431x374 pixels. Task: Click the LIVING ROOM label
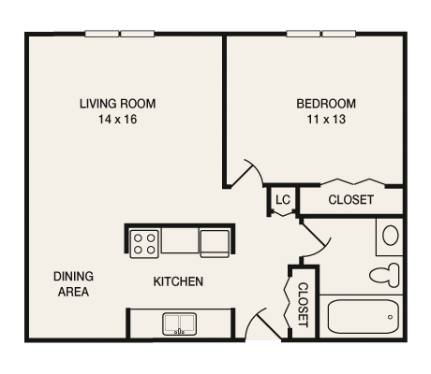117,104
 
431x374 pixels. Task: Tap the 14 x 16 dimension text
118,120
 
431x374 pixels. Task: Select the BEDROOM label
326,104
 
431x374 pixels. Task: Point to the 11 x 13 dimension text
326,120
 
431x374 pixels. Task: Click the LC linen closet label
283,200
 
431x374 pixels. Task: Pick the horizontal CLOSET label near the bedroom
351,200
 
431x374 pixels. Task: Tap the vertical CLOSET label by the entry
303,305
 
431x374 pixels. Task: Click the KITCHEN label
178,281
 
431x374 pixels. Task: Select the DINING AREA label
73,284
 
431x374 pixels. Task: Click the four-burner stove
144,244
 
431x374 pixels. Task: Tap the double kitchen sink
179,324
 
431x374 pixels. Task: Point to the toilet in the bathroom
385,275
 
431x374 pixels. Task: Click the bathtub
364,317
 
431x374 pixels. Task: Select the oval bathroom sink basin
391,236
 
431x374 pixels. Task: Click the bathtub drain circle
390,317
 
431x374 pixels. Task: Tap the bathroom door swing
316,239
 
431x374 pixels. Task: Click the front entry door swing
262,324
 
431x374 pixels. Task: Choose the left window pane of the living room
102,34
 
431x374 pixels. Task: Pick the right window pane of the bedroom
339,34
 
